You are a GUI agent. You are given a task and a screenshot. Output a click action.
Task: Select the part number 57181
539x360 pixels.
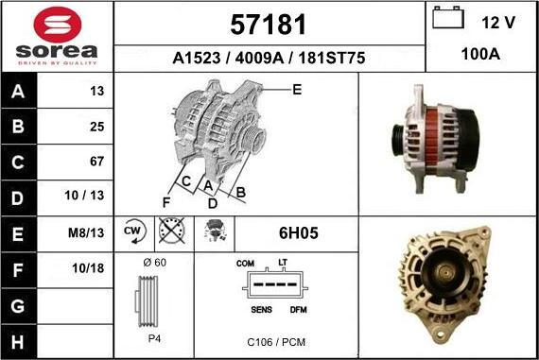click(x=269, y=25)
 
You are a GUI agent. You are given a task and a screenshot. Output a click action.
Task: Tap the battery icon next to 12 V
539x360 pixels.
click(x=448, y=18)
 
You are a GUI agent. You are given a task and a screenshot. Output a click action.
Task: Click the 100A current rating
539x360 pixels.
click(x=480, y=54)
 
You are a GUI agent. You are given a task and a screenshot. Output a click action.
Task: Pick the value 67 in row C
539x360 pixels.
click(x=96, y=162)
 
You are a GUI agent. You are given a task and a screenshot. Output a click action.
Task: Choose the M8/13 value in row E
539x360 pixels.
click(x=86, y=233)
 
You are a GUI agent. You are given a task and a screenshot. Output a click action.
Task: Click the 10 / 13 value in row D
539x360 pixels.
click(x=84, y=196)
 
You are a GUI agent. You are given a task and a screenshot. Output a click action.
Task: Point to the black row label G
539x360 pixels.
click(x=18, y=306)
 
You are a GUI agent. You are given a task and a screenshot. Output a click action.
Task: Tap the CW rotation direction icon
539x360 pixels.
click(x=134, y=231)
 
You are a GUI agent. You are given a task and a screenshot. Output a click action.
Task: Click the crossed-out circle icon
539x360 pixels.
click(x=172, y=231)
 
